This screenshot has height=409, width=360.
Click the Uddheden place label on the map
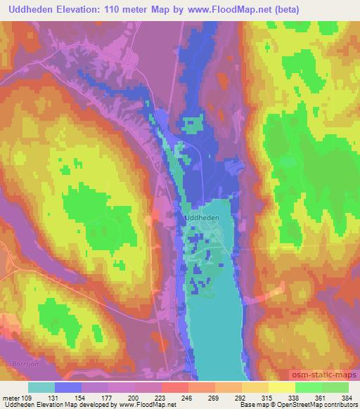pos(202,218)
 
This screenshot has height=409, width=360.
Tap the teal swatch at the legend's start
pos(41,387)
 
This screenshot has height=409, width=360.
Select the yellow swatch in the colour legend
pos(281,387)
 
